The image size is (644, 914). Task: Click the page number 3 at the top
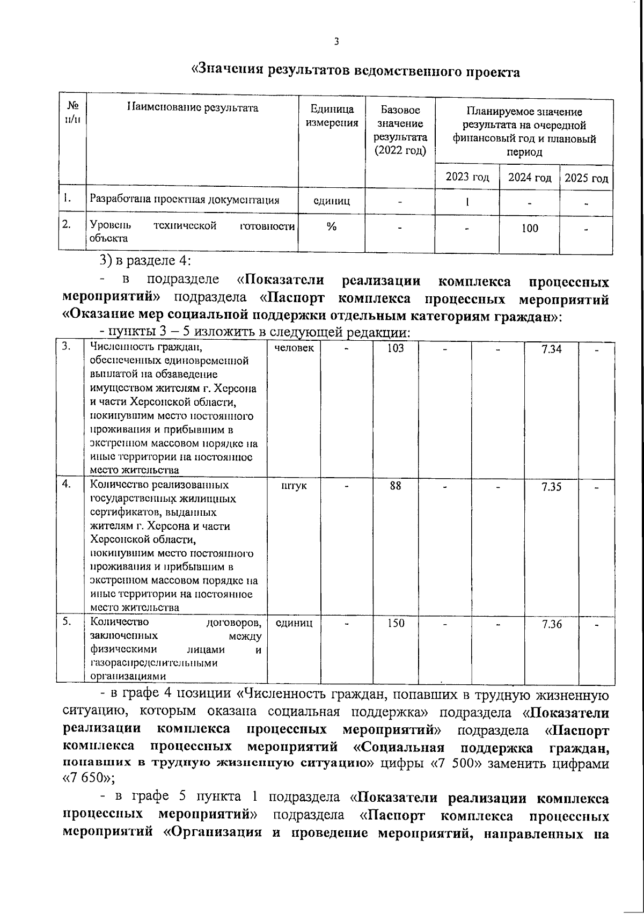336,42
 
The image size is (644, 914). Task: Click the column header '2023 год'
467,178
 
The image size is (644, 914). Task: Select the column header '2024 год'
530,178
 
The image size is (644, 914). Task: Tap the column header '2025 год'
587,178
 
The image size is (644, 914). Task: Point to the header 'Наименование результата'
193,108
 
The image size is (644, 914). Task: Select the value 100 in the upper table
530,229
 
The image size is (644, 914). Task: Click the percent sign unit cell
332,227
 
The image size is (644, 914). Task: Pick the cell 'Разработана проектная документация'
185,200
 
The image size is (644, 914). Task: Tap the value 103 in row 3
396,348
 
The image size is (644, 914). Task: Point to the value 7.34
552,349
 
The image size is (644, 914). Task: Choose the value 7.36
552,624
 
